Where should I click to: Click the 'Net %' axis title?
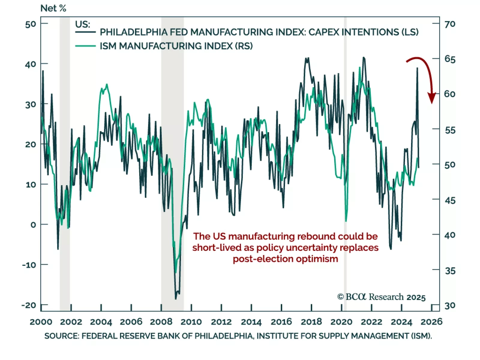tap(53, 8)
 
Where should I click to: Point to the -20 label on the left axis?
tap(29, 305)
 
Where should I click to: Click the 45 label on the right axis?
tap(450, 200)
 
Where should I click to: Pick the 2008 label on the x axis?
tap(161, 322)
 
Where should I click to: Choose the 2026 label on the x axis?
tap(431, 322)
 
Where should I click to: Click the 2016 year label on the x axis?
tap(281, 322)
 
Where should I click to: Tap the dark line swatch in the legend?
tap(85, 32)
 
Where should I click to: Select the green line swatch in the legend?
tap(85, 46)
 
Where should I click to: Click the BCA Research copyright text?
tap(381, 297)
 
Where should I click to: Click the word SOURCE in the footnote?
tap(61, 336)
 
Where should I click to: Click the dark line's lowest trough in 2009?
tap(176, 298)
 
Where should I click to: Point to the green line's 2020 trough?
tap(346, 221)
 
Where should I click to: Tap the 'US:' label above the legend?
tap(82, 24)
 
